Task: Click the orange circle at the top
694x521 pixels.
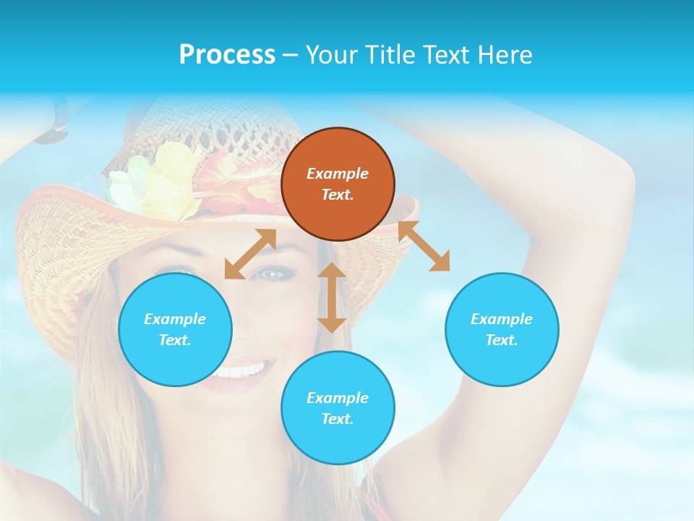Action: point(338,184)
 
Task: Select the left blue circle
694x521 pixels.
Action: point(175,329)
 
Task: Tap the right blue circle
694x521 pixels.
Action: point(502,329)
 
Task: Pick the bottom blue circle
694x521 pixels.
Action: point(338,408)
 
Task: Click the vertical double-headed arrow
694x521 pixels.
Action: point(332,297)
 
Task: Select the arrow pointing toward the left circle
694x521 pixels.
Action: point(250,253)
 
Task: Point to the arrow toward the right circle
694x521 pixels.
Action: point(424,246)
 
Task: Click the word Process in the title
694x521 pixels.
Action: point(227,55)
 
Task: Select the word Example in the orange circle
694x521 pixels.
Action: point(338,174)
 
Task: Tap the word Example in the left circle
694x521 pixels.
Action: point(175,319)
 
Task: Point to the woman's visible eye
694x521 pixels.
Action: point(274,274)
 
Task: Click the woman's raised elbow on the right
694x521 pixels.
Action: point(614,181)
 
